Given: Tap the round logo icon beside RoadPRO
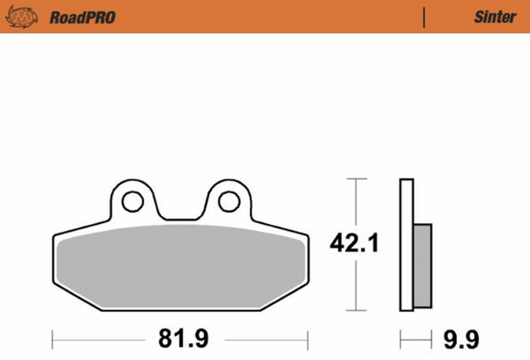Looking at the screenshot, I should coord(28,17).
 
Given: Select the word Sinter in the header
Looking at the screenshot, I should coord(495,17).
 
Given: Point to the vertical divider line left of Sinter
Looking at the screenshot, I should coord(424,17).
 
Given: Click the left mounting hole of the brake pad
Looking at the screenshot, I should coord(132,201).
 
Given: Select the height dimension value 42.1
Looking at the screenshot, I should coord(355,245).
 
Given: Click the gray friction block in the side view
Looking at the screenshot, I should coord(422,264).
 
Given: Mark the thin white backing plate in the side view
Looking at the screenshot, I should coord(405,244).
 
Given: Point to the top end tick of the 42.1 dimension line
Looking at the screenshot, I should coord(354,179).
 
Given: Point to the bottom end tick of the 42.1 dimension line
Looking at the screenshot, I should coord(354,310).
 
